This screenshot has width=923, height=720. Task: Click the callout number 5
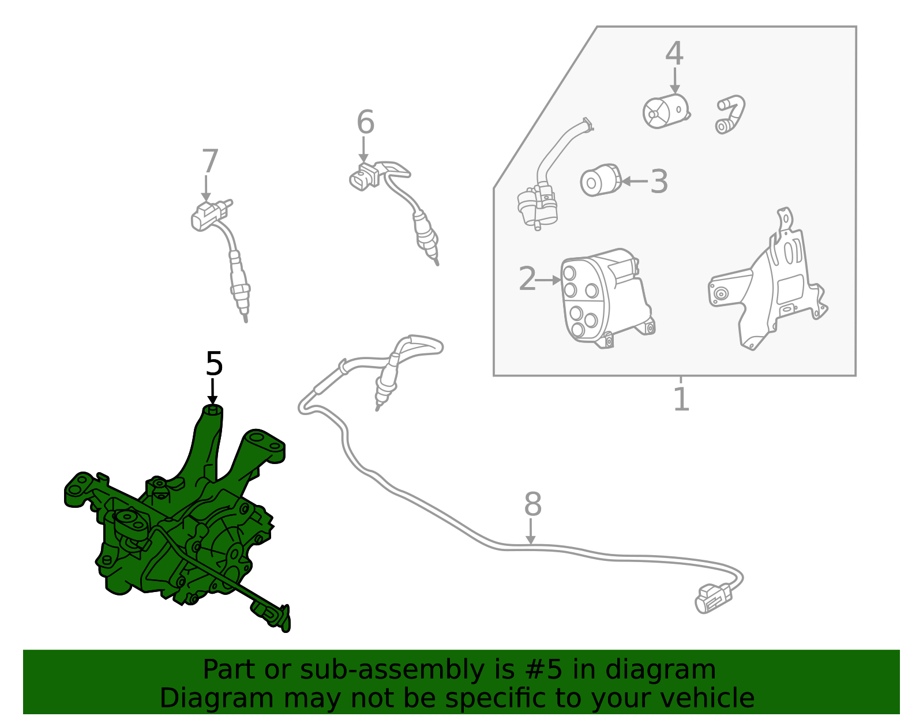click(213, 364)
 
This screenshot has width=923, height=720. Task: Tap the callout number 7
click(210, 161)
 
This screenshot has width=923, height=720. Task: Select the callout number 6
click(365, 122)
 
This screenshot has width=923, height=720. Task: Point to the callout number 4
click(674, 54)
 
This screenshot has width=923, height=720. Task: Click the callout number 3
click(659, 182)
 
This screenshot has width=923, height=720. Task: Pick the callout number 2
click(527, 279)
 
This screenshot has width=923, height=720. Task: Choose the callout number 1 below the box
click(681, 399)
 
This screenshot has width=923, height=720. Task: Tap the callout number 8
click(532, 504)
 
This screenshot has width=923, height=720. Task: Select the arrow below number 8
click(531, 531)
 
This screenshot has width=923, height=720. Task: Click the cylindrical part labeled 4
click(666, 111)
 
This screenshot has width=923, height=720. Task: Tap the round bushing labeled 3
click(600, 180)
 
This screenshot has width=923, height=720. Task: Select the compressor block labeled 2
click(607, 298)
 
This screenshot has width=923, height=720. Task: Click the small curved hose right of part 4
click(730, 114)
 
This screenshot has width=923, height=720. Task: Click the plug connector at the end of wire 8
click(714, 598)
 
